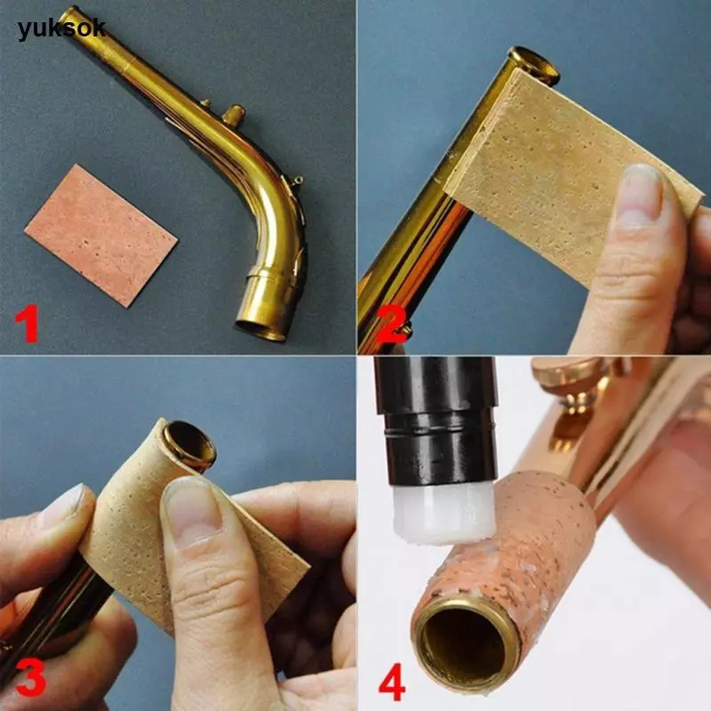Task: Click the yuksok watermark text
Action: [61, 29]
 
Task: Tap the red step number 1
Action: [27, 324]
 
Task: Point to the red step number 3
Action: [30, 677]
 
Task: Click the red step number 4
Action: [392, 682]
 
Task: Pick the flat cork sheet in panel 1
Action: [100, 236]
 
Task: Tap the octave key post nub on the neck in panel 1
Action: [234, 116]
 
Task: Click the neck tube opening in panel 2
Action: [535, 65]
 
